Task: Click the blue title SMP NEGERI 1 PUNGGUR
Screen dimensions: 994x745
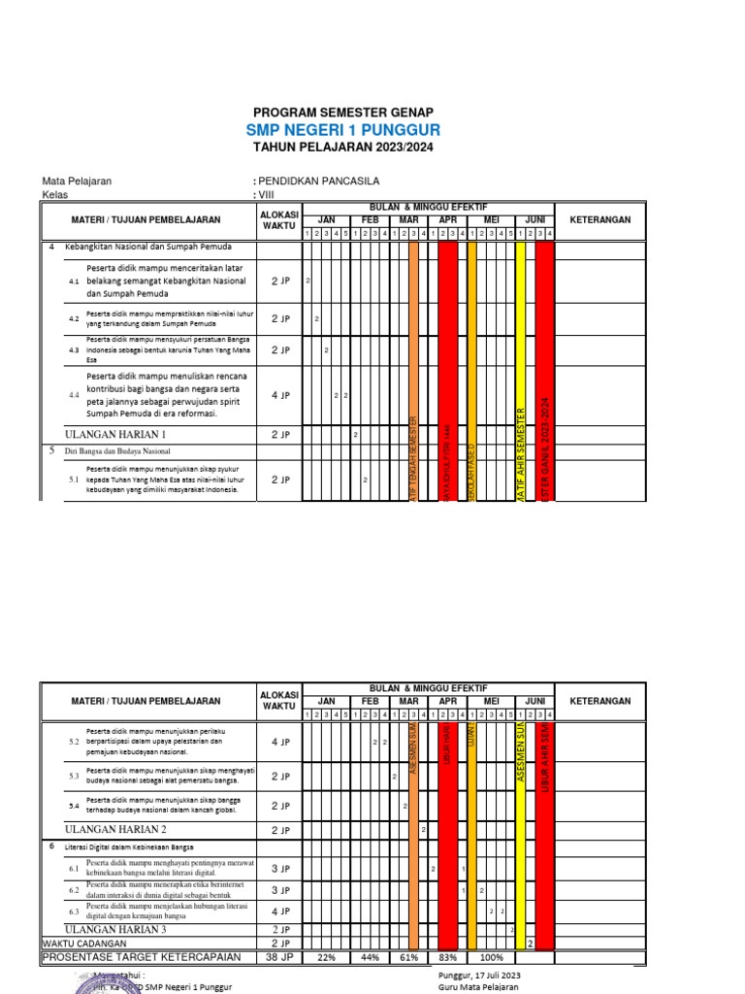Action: coord(343,129)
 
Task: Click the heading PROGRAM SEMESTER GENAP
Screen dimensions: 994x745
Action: coord(343,113)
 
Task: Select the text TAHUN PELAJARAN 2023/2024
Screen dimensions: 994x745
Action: coord(343,148)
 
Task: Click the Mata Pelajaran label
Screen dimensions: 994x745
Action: coord(77,182)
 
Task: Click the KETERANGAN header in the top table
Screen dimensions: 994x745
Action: coord(599,220)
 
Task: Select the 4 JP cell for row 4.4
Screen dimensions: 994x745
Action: coord(280,395)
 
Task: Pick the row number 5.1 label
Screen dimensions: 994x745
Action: coord(74,480)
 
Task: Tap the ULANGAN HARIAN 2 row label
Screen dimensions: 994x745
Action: coord(115,830)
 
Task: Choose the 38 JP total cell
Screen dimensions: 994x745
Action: coord(280,957)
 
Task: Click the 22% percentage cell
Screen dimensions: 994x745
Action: coord(327,957)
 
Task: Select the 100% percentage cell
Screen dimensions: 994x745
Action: coord(492,957)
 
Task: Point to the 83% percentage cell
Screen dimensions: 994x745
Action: coord(447,957)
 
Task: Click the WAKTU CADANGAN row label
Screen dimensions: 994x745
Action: coord(82,943)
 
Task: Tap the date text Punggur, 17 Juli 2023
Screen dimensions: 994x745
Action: coord(480,975)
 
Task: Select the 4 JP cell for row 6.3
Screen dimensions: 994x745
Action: coord(280,911)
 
